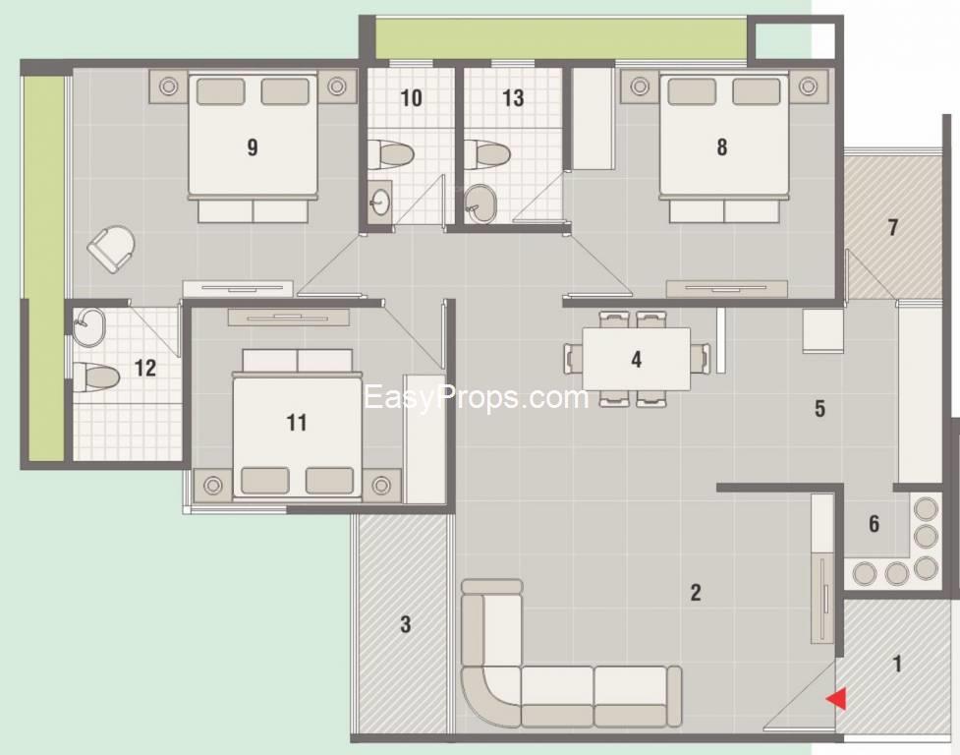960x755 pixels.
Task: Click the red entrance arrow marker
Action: (x=836, y=698)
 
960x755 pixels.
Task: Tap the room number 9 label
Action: (x=253, y=147)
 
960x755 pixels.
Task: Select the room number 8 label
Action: (x=722, y=147)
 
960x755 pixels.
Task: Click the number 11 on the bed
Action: (x=296, y=423)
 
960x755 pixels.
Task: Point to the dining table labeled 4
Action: (x=636, y=359)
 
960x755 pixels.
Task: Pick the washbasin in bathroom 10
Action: (x=379, y=203)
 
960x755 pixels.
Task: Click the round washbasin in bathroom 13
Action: (x=480, y=204)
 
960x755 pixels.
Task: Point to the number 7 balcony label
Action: (x=892, y=228)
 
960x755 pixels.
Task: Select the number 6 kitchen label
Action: (x=874, y=524)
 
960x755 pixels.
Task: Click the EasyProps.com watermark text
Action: (x=476, y=398)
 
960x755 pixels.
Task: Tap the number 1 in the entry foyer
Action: (x=895, y=664)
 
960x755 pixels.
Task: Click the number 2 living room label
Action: (x=695, y=592)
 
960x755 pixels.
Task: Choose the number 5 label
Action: (x=819, y=409)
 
